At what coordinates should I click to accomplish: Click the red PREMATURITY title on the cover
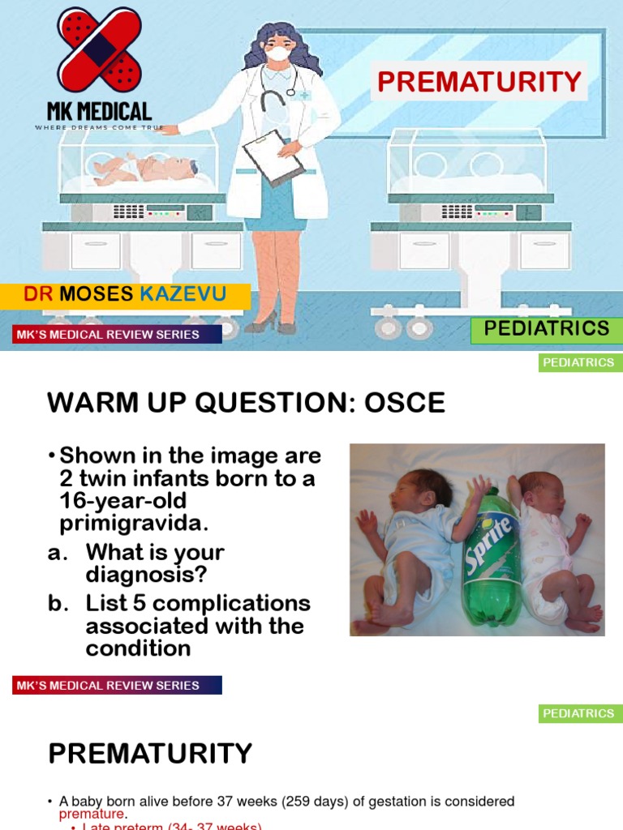coord(479,82)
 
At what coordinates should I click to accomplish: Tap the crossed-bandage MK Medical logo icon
coord(98,49)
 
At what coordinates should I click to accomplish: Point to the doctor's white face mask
coord(278,53)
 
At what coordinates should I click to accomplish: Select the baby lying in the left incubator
coord(144,168)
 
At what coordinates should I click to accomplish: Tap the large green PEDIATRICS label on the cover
coord(546,328)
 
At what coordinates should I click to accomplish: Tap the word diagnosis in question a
coord(146,575)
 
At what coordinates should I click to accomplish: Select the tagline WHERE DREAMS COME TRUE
coord(99,128)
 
